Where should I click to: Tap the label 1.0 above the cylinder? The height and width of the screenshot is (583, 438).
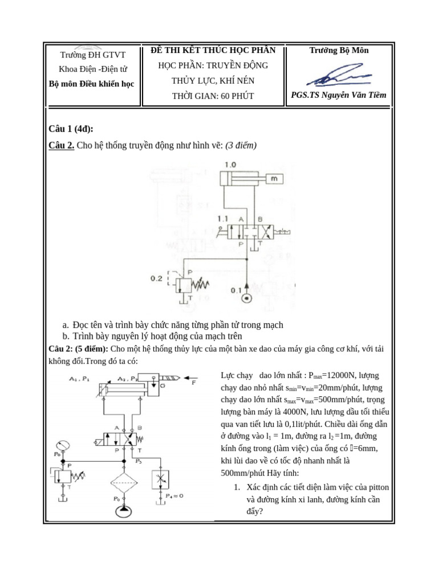point(230,165)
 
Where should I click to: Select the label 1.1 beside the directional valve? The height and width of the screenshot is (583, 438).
point(223,219)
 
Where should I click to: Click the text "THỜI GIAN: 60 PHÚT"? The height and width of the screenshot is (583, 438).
point(213,96)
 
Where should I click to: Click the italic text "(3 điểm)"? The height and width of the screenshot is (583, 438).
point(241,145)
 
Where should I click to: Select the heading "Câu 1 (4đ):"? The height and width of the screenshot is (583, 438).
point(71,129)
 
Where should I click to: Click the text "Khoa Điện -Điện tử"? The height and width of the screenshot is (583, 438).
point(92,69)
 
